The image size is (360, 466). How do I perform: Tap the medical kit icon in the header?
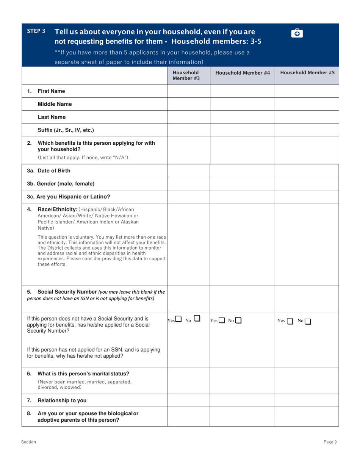tap(296, 33)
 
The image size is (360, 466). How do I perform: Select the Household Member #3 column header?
tap(186, 75)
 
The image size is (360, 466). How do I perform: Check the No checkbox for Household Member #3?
tap(197, 320)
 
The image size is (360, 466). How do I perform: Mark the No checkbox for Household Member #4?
tap(238, 321)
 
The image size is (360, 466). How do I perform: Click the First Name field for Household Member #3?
tap(188, 91)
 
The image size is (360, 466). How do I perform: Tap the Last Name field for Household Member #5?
tap(306, 117)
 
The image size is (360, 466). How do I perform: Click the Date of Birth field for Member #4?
tap(242, 170)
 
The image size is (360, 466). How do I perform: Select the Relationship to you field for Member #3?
tap(188, 399)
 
